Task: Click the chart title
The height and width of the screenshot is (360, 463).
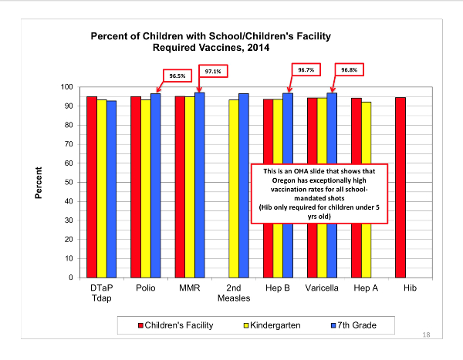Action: click(x=211, y=42)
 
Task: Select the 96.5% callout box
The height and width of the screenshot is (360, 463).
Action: click(x=177, y=76)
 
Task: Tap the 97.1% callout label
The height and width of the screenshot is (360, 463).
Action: click(x=213, y=71)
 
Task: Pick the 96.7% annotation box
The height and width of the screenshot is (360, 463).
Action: click(x=306, y=69)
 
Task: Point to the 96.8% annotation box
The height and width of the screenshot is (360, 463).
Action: click(x=349, y=69)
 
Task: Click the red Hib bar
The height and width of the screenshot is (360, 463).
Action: click(x=400, y=187)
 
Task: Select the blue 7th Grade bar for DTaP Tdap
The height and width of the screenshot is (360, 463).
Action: click(x=112, y=190)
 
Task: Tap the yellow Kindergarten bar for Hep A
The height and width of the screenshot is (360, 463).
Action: click(x=366, y=190)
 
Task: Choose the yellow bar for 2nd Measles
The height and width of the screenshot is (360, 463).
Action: click(x=234, y=189)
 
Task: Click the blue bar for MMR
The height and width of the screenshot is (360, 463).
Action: click(x=200, y=185)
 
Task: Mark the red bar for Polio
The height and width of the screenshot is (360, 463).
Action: click(x=136, y=187)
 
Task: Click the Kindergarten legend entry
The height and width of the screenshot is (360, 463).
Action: click(x=272, y=325)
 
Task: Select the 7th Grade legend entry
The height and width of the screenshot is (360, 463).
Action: click(x=353, y=325)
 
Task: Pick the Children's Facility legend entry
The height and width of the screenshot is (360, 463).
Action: click(x=176, y=325)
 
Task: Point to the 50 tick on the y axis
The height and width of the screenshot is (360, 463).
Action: click(x=69, y=182)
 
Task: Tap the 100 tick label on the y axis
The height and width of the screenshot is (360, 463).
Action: click(x=66, y=87)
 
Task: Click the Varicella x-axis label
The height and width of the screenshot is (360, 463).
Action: click(x=322, y=288)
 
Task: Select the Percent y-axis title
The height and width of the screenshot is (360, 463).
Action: click(x=39, y=183)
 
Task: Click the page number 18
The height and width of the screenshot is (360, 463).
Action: click(x=426, y=335)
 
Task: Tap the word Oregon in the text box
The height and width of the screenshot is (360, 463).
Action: click(x=284, y=180)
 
